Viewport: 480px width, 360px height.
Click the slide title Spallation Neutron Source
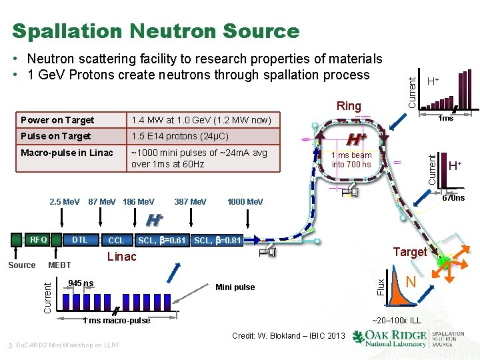[156, 31]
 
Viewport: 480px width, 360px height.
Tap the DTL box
[79, 239]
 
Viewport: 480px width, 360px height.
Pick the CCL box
[115, 240]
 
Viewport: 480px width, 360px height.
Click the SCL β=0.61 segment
[161, 240]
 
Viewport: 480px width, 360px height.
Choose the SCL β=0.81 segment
[217, 240]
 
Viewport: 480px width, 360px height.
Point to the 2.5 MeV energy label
[65, 201]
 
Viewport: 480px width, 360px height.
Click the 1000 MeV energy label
[245, 201]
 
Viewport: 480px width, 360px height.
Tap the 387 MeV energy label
[190, 201]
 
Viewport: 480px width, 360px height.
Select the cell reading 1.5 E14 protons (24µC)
[180, 136]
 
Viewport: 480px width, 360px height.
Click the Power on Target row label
[57, 120]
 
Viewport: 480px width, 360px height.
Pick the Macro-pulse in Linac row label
[67, 153]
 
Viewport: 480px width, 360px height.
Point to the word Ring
[349, 106]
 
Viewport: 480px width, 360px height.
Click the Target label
[409, 251]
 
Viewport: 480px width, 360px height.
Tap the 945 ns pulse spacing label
[81, 283]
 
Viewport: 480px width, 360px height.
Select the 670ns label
[453, 198]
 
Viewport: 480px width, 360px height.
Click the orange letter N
[412, 283]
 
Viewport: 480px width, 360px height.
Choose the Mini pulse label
[235, 287]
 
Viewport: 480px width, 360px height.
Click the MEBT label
[60, 265]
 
